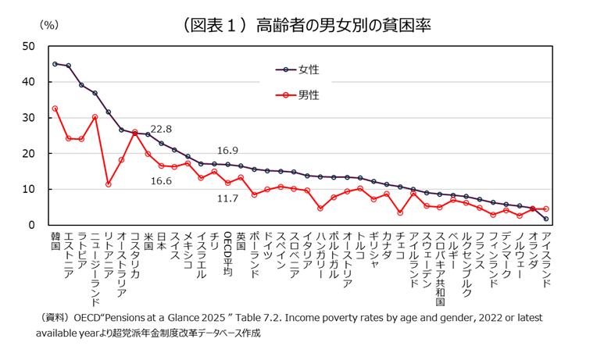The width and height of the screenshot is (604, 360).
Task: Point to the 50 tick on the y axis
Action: coord(29,46)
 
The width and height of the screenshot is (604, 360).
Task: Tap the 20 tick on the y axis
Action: coord(29,154)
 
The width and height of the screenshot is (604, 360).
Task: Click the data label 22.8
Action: coord(161,129)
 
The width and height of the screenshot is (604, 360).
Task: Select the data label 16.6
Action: coord(161,181)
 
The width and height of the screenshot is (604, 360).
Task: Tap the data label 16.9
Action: coord(227,151)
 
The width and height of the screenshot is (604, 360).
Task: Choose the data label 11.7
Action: coord(227,198)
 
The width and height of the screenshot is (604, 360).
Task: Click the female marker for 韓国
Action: coord(55,64)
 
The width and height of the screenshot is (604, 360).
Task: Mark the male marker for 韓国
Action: coord(55,109)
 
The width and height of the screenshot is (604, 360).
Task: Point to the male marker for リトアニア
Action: coord(108,184)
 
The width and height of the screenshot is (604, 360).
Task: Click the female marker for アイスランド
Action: coord(545,219)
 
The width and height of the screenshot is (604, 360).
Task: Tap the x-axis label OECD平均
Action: coord(227,254)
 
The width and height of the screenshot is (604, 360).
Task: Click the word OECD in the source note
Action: coord(88,319)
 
